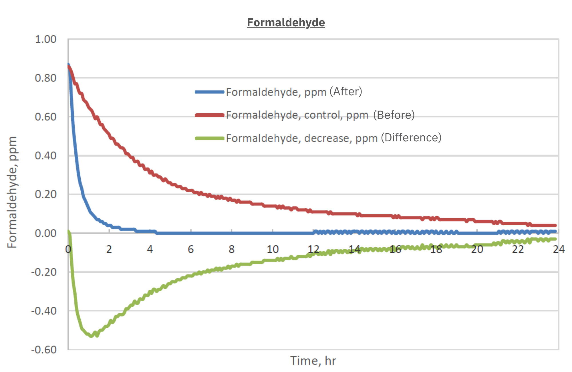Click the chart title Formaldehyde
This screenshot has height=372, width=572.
[x=286, y=23]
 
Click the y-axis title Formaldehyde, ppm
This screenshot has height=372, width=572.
[x=12, y=192]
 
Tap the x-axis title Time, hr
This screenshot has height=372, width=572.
[x=313, y=361]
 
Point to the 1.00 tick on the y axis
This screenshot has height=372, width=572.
[x=45, y=39]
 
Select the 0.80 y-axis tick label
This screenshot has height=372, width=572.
[x=45, y=78]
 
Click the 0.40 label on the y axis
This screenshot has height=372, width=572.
[x=45, y=156]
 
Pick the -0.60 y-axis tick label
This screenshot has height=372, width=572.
[x=44, y=350]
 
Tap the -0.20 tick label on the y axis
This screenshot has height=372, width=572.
[x=44, y=272]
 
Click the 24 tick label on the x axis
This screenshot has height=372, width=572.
[x=559, y=250]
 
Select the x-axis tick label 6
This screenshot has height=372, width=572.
[x=191, y=250]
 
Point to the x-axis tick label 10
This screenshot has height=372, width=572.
[x=273, y=250]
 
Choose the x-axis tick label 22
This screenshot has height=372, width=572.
[x=518, y=250]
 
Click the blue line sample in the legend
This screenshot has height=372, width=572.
[x=209, y=92]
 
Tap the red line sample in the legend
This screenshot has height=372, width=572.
[x=209, y=115]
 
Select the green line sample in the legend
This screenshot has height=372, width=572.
[x=209, y=138]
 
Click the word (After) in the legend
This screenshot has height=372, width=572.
[x=346, y=92]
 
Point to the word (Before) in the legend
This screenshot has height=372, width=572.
[x=394, y=115]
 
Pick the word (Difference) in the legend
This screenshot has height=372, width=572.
[x=411, y=138]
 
